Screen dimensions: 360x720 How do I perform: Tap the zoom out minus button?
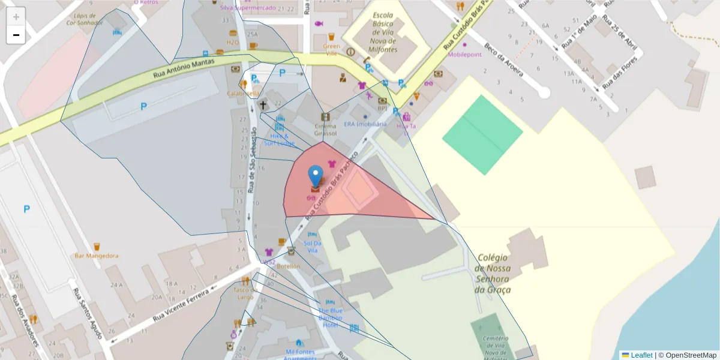click(16, 35)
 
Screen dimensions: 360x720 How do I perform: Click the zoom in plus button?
click(16, 16)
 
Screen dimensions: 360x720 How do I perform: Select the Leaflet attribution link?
click(641, 355)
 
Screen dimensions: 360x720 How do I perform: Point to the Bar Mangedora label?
click(97, 256)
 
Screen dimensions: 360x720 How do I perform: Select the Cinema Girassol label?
click(326, 130)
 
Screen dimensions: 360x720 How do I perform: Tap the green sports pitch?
click(482, 134)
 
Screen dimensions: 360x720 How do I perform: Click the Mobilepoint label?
click(464, 54)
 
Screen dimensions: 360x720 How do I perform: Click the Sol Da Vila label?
click(313, 246)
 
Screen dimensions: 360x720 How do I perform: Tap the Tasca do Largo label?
click(245, 293)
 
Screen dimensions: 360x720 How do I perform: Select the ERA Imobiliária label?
click(365, 124)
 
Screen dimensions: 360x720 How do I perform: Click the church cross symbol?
click(262, 104)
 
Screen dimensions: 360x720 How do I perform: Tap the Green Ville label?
click(331, 49)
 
